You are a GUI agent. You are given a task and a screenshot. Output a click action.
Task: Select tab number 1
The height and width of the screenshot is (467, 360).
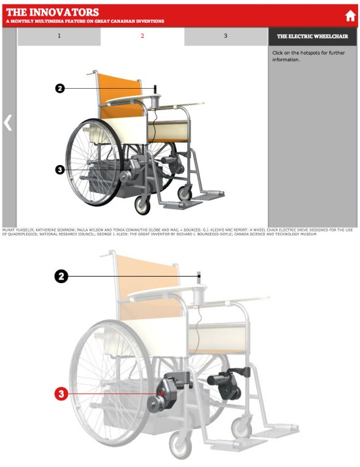(x=59, y=36)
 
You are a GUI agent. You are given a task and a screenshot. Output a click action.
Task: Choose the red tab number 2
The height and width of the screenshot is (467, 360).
(x=142, y=36)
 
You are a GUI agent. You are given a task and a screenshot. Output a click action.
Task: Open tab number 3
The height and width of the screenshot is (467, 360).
(x=226, y=36)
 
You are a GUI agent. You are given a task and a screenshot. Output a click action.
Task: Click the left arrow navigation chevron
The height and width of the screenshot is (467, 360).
(x=8, y=123)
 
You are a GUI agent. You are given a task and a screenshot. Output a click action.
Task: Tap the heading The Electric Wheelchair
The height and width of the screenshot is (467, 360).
(x=312, y=37)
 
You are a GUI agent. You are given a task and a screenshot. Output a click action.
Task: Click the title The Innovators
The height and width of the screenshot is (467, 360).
(x=52, y=12)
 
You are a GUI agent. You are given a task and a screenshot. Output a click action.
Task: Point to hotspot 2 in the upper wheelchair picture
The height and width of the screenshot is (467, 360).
(x=60, y=88)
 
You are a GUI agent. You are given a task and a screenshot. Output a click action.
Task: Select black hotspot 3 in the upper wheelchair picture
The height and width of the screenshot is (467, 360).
(x=60, y=170)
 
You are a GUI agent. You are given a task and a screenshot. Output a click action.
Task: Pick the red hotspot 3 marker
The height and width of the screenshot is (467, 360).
(x=61, y=393)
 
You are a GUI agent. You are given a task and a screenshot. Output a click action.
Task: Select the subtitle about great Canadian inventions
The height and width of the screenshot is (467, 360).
(x=85, y=22)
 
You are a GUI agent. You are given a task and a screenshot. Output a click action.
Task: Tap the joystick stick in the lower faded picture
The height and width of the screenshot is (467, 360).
(x=200, y=279)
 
